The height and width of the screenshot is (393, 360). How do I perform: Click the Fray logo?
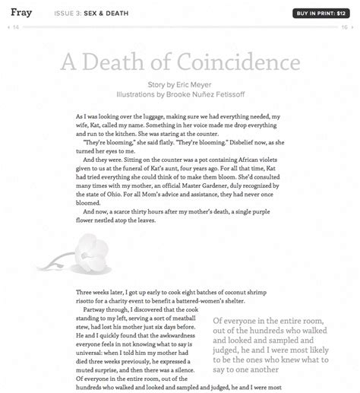click(21, 13)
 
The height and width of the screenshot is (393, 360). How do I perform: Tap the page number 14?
click(16, 27)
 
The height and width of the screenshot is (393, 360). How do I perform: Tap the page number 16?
click(344, 27)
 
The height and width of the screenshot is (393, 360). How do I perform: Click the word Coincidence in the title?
click(241, 62)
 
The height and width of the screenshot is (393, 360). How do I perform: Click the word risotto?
click(91, 300)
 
